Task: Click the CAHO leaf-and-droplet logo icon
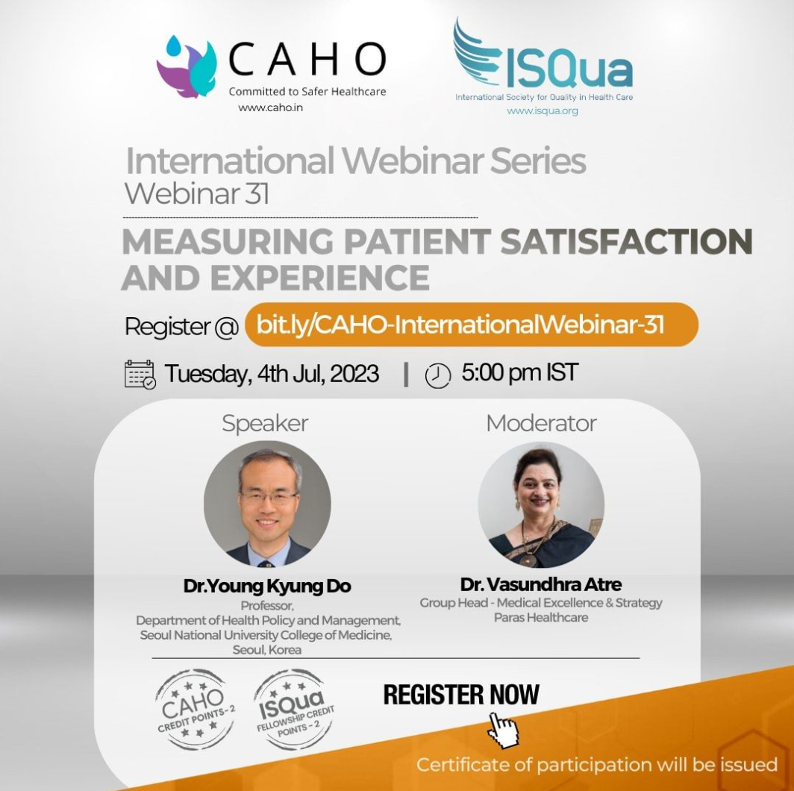tap(187, 66)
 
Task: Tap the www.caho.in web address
tap(270, 107)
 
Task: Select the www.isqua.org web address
tap(543, 111)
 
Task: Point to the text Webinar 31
tap(197, 193)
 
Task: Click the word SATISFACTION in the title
tap(626, 241)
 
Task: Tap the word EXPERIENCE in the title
tap(320, 278)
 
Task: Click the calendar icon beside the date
tap(140, 374)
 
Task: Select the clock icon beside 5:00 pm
tap(437, 376)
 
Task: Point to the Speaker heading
tap(265, 423)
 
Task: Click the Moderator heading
tap(541, 423)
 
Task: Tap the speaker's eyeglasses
tap(269, 497)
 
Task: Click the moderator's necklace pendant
tap(528, 560)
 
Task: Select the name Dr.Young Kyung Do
tap(267, 586)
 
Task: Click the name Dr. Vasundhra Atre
tap(541, 584)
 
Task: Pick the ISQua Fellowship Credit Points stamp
tap(294, 710)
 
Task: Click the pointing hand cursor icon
tap(504, 729)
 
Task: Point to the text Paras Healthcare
tap(541, 618)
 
